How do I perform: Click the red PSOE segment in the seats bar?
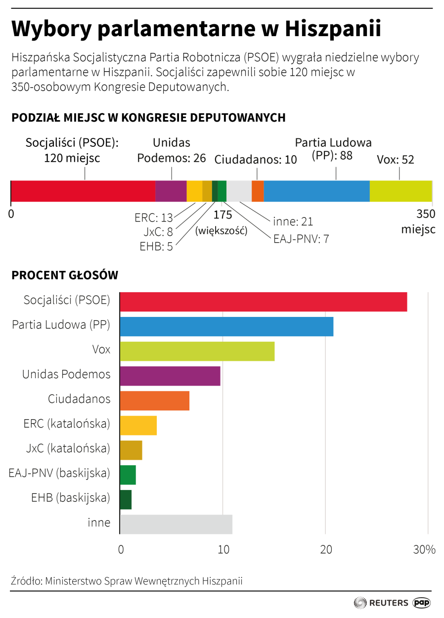(83, 191)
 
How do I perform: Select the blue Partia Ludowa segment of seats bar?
(316, 191)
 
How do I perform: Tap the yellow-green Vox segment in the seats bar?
(400, 191)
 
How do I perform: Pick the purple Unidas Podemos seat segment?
(171, 191)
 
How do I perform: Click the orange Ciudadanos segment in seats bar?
(258, 191)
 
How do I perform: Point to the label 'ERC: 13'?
(153, 218)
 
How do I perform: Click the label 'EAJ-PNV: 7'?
(301, 239)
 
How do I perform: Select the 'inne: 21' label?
(293, 222)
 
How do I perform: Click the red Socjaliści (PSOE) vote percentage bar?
(263, 302)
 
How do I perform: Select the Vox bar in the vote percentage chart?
(197, 351)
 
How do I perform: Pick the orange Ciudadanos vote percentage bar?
(154, 400)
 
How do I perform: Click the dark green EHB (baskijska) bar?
(126, 499)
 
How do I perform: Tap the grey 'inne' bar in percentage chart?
(176, 524)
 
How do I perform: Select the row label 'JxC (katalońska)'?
(68, 448)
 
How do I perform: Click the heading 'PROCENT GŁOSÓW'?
(65, 275)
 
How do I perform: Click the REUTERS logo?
(381, 603)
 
